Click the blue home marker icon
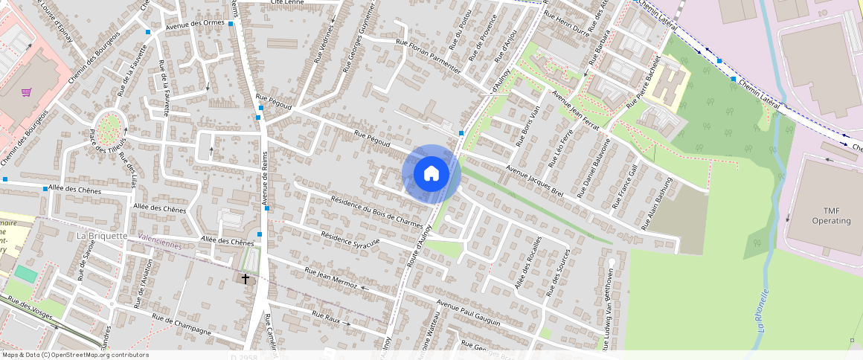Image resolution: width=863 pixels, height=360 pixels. click(431, 174)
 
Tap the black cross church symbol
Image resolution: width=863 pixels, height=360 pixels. click(246, 278)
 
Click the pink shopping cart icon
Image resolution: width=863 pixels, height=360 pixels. click(27, 92)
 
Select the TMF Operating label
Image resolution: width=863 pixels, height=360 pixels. click(831, 216)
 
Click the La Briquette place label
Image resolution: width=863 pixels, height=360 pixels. click(102, 236)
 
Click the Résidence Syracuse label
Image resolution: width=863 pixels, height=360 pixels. click(350, 239)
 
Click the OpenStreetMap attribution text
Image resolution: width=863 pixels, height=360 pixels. click(74, 355)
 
